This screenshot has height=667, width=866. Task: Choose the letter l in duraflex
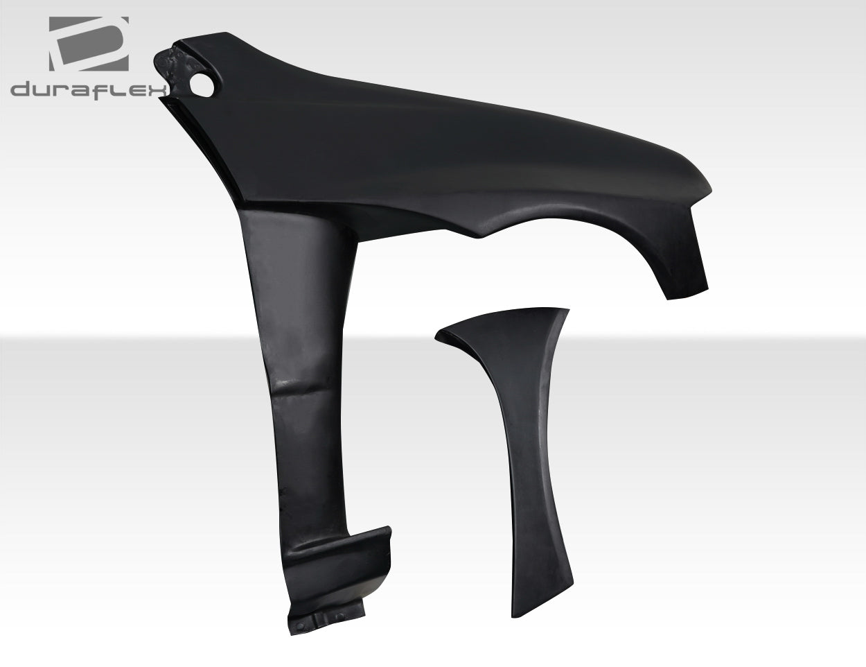[118, 89]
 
